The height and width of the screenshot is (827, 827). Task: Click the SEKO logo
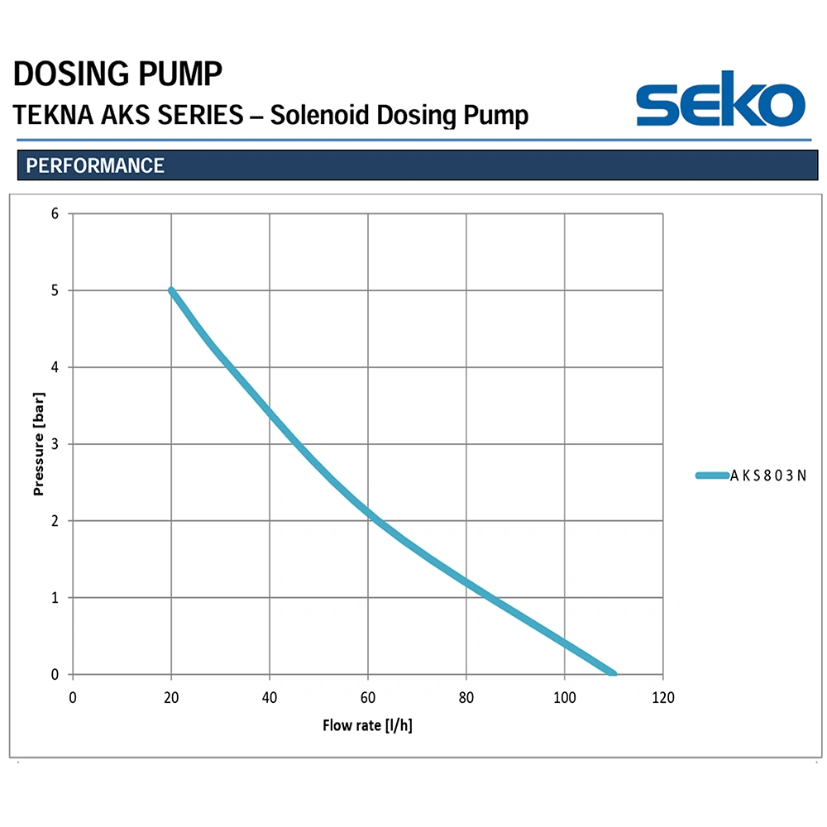(720, 98)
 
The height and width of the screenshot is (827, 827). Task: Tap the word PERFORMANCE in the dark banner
(95, 165)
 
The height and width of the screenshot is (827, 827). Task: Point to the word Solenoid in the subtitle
(319, 115)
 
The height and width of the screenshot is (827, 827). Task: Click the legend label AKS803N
(768, 476)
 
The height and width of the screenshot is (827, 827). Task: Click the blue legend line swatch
(712, 476)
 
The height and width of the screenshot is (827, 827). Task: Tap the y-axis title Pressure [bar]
(39, 443)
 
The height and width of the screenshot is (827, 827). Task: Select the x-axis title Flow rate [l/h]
(368, 725)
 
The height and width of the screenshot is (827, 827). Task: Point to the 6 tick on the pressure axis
(55, 213)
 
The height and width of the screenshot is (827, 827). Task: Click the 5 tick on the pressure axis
(55, 290)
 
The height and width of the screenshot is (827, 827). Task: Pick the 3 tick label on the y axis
(55, 444)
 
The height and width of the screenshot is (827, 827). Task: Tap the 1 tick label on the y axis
(55, 598)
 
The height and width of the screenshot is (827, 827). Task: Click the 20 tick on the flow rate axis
(171, 698)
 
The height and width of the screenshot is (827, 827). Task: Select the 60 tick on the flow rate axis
(368, 698)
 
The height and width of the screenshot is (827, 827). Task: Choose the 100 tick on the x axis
(564, 698)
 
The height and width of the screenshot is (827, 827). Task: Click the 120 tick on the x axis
(663, 698)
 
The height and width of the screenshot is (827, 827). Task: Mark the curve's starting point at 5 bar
(171, 290)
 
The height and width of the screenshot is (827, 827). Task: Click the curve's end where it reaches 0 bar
(613, 673)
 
